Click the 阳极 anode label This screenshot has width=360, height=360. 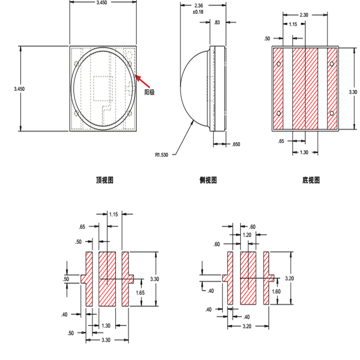pyautogui.click(x=150, y=92)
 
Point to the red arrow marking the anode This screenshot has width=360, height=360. pyautogui.click(x=144, y=80)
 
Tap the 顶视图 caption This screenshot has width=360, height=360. pyautogui.click(x=105, y=180)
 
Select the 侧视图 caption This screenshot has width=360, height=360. pyautogui.click(x=208, y=180)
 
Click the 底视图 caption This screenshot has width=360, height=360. pyautogui.click(x=311, y=180)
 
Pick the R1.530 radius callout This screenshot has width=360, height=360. pyautogui.click(x=163, y=155)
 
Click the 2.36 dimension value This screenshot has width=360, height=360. pyautogui.click(x=198, y=6)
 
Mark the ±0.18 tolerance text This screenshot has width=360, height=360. pyautogui.click(x=198, y=12)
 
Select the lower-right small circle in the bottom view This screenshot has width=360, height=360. pyautogui.click(x=332, y=113)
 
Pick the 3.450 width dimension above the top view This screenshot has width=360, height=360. pyautogui.click(x=102, y=3)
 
